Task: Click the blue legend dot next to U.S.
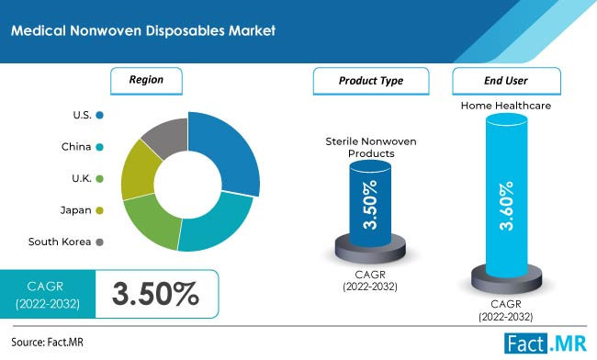coord(99,115)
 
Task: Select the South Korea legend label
coord(59,242)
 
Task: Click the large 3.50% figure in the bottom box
coord(155,294)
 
